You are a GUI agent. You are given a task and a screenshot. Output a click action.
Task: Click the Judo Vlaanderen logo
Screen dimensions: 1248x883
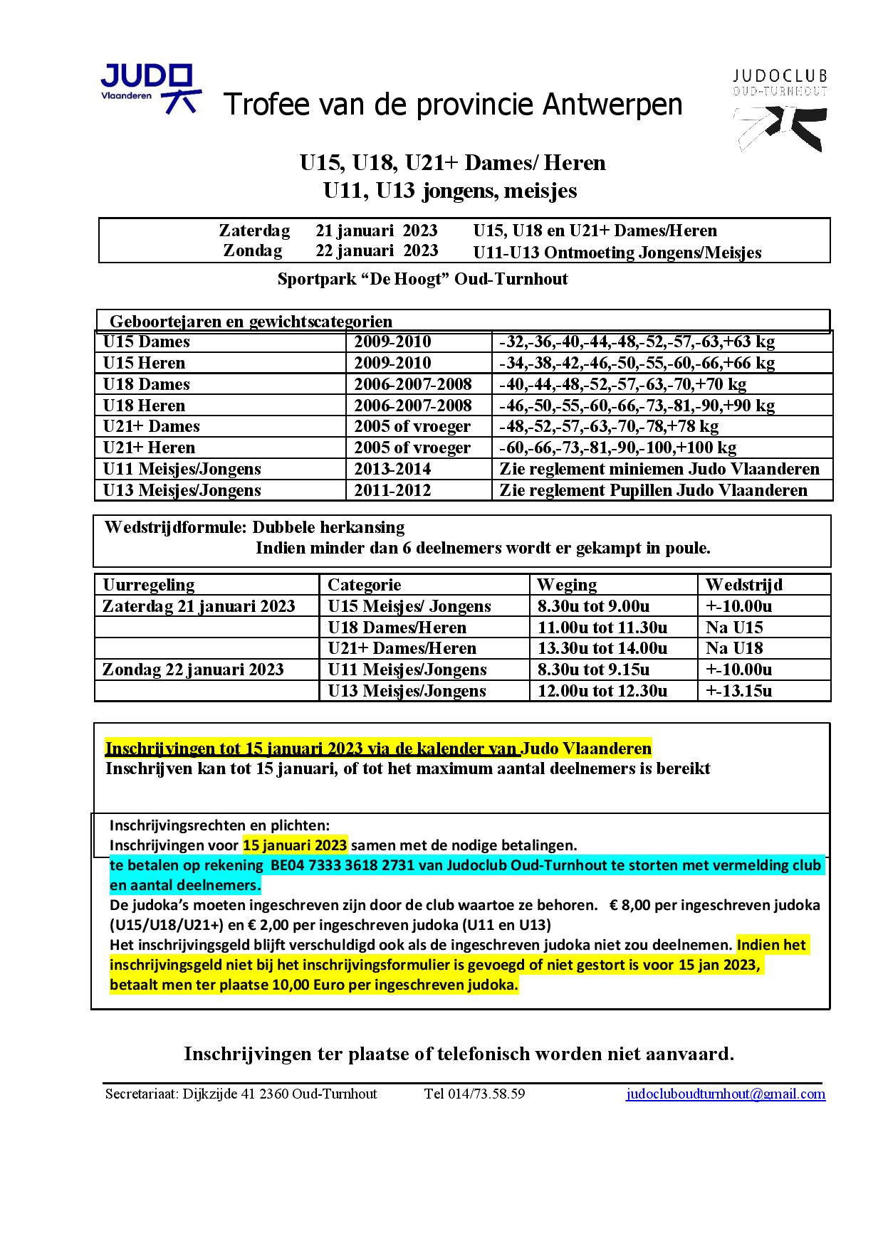click(x=150, y=88)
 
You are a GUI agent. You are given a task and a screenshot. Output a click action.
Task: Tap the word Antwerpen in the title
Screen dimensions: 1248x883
click(x=612, y=105)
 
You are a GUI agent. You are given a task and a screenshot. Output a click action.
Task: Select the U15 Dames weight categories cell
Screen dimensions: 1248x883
click(x=637, y=342)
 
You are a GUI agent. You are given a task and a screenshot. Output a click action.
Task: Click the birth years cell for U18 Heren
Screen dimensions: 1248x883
click(x=413, y=406)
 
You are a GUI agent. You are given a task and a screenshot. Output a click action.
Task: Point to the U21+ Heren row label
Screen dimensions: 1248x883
click(x=149, y=448)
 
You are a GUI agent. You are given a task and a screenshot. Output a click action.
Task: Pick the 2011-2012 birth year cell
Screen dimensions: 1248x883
click(x=392, y=490)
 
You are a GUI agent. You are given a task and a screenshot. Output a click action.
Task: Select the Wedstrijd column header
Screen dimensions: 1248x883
click(x=743, y=585)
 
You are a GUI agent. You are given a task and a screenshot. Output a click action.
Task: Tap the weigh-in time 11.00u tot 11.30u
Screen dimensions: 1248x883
click(x=602, y=628)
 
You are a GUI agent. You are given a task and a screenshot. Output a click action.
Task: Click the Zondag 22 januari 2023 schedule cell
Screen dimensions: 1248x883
click(x=193, y=670)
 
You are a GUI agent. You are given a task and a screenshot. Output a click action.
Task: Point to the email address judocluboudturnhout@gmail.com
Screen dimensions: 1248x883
click(x=726, y=1094)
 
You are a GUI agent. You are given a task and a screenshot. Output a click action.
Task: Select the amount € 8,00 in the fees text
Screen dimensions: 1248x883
click(x=630, y=905)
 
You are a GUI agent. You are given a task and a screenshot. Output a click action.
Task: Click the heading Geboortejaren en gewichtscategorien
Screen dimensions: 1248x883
click(x=251, y=322)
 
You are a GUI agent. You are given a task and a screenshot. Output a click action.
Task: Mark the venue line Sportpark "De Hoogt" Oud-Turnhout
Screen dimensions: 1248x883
click(x=422, y=279)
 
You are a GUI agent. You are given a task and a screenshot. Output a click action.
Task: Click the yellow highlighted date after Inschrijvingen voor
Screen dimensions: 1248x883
click(x=295, y=845)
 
